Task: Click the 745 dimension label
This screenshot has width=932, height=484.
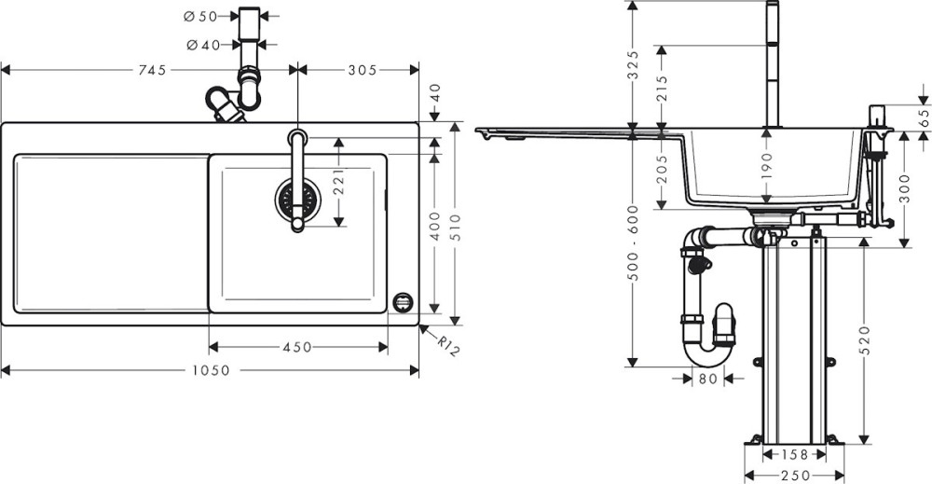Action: [x=152, y=70]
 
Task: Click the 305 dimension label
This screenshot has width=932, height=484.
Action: [x=363, y=70]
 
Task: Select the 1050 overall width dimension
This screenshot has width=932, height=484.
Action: [x=211, y=370]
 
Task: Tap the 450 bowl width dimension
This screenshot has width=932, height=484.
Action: [x=298, y=347]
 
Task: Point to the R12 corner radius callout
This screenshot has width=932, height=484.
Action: [x=448, y=345]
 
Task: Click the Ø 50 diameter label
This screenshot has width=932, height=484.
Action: [x=201, y=17]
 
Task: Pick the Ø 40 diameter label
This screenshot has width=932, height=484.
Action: [x=203, y=45]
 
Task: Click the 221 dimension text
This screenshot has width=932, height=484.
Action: [x=338, y=183]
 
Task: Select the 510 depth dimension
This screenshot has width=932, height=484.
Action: [x=456, y=228]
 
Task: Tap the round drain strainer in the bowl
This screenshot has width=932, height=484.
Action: [x=298, y=200]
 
